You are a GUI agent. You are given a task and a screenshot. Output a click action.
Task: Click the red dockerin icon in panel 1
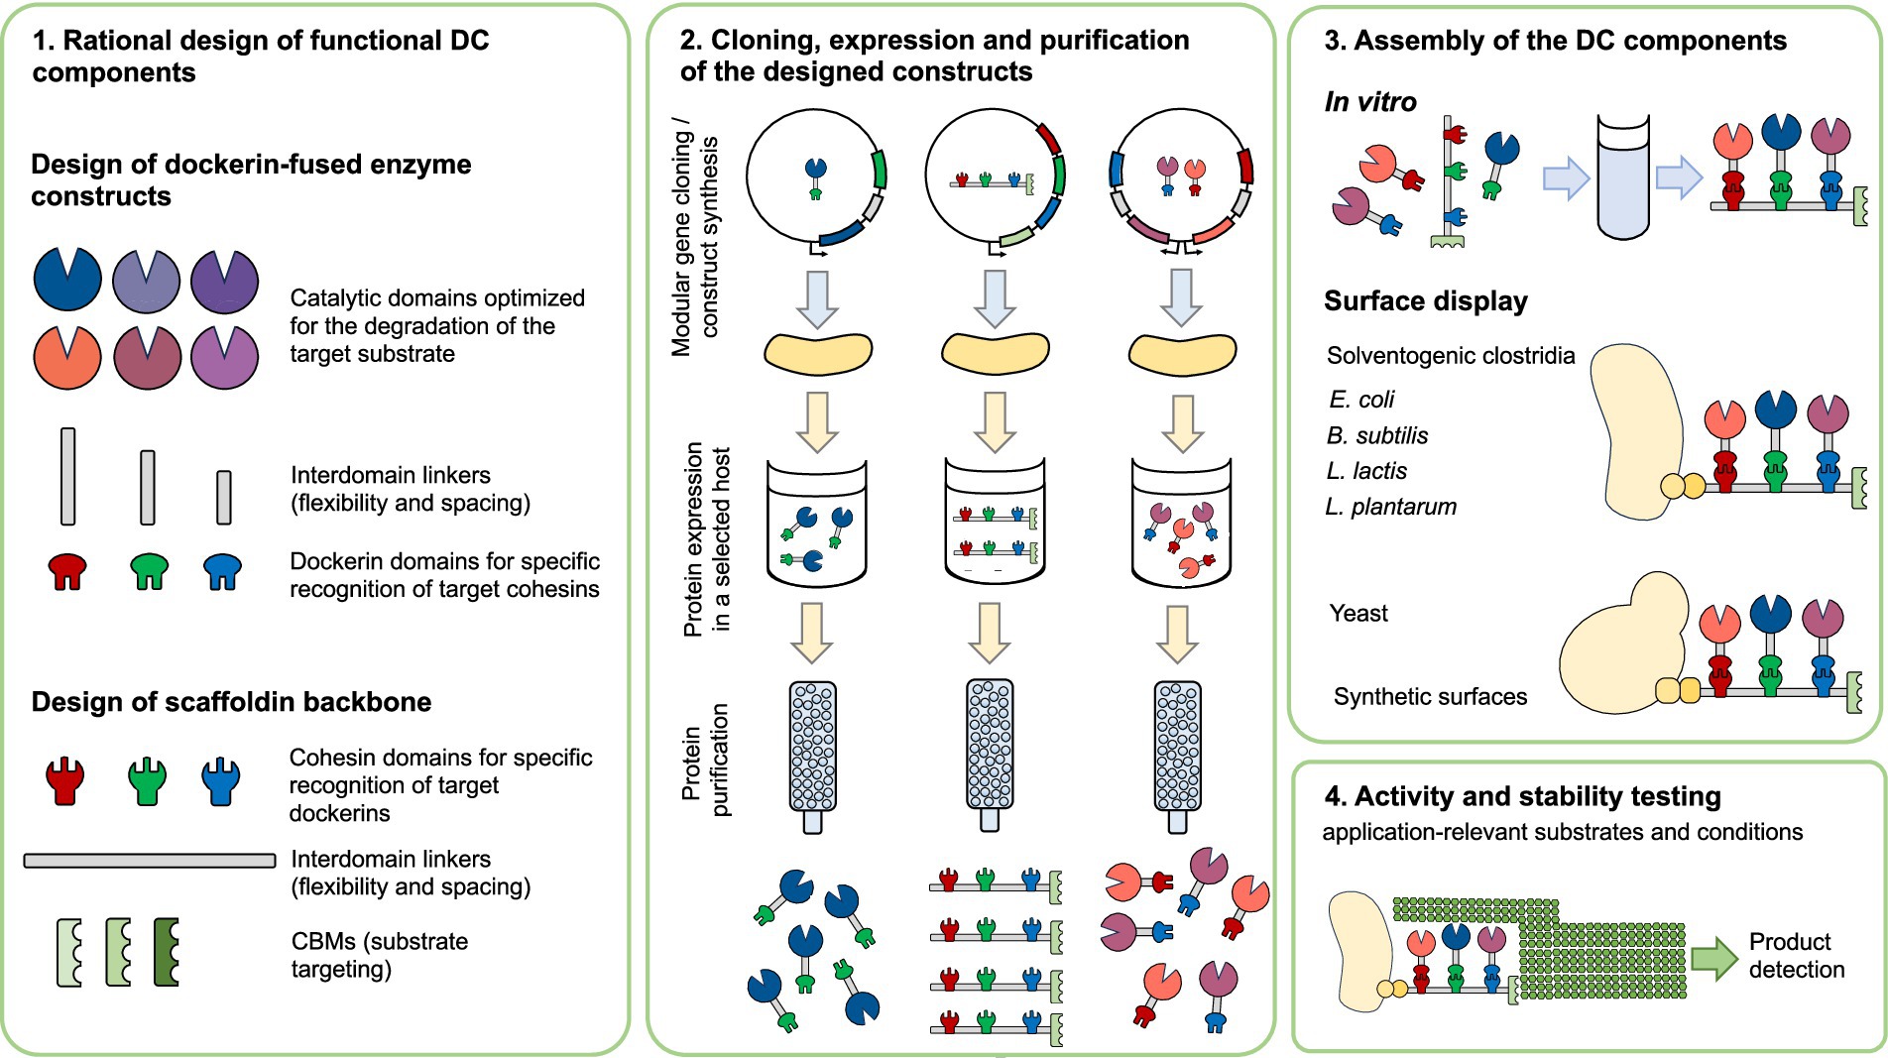67,571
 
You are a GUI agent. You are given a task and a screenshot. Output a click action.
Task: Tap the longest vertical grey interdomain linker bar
67,476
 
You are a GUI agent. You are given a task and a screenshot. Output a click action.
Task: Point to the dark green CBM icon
167,952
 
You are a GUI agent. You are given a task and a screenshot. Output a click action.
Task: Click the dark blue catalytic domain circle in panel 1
67,280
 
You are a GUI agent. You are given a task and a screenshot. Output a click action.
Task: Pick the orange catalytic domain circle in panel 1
67,357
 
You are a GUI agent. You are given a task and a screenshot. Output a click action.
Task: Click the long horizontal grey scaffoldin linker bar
150,861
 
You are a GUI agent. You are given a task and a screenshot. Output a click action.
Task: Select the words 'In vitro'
1370,101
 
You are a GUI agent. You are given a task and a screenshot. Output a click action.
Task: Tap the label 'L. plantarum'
1391,507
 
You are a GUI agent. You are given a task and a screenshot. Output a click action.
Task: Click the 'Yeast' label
1358,613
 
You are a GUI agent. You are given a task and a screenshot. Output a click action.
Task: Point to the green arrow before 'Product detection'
1714,958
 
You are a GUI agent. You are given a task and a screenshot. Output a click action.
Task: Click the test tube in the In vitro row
1623,177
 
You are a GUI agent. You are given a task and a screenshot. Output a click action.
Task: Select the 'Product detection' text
1797,956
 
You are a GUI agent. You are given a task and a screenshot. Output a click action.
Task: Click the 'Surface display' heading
1426,301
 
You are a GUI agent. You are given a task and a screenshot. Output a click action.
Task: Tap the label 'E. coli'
1361,400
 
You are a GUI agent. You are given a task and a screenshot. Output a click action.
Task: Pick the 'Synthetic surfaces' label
1430,697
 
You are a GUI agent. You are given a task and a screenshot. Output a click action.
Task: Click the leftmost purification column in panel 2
813,757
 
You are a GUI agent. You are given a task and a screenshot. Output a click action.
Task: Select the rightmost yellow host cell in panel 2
1182,354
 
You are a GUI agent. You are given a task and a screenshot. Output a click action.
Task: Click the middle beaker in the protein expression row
995,522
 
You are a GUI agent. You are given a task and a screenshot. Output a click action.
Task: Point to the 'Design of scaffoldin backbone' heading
231,702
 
